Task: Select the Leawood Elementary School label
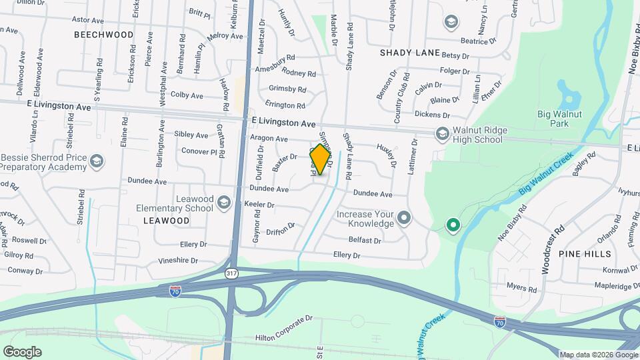pyautogui.click(x=175, y=203)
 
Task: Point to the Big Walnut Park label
pyautogui.click(x=559, y=119)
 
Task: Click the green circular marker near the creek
pyautogui.click(x=453, y=225)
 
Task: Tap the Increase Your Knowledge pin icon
pyautogui.click(x=403, y=217)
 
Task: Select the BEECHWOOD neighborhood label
pyautogui.click(x=103, y=34)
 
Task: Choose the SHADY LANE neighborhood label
pyautogui.click(x=410, y=53)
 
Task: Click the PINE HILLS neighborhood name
pyautogui.click(x=585, y=254)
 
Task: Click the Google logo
pyautogui.click(x=22, y=352)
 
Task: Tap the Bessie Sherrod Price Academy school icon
pyautogui.click(x=97, y=161)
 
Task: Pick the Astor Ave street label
pyautogui.click(x=87, y=21)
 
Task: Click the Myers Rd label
pyautogui.click(x=521, y=289)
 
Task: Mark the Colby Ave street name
pyautogui.click(x=187, y=95)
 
